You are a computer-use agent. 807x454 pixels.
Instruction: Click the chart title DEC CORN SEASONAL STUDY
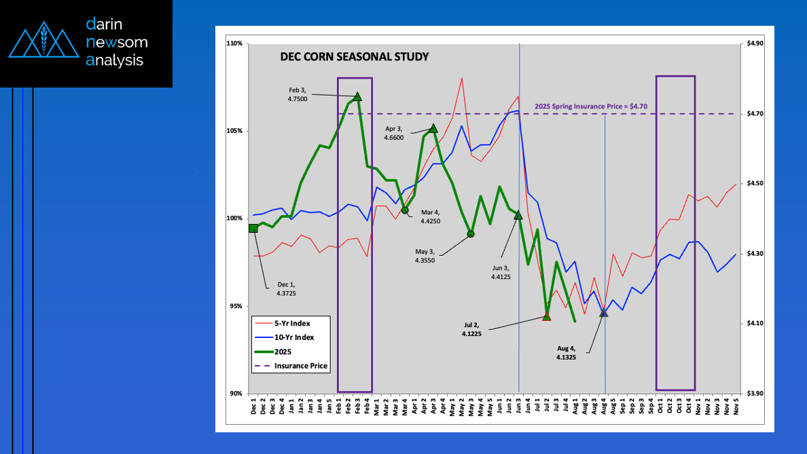(354, 57)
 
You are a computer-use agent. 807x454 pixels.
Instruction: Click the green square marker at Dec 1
(253, 229)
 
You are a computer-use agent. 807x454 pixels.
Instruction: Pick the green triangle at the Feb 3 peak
(358, 96)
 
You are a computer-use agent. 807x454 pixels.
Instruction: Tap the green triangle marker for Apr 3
(433, 128)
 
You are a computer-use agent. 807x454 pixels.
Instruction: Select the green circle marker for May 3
(471, 234)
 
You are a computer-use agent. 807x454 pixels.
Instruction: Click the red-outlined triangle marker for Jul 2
(547, 316)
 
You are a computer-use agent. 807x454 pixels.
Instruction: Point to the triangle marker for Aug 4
(604, 312)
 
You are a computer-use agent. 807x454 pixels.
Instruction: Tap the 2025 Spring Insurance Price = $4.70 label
(584, 106)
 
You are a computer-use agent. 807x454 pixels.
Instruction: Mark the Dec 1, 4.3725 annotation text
(286, 288)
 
